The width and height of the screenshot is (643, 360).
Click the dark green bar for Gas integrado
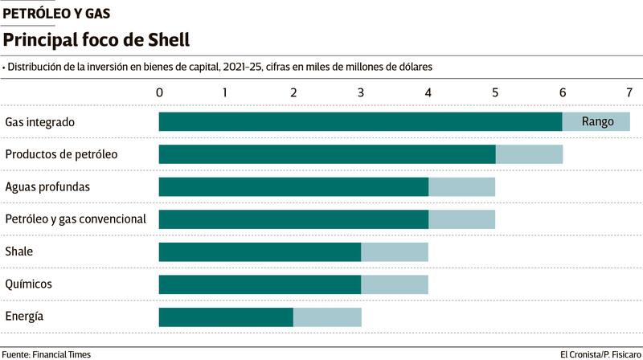click(x=360, y=122)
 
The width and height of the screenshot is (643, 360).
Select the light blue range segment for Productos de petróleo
click(x=529, y=154)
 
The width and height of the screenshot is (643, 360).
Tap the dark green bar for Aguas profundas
click(x=293, y=187)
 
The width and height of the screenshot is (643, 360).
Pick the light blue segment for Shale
click(x=395, y=252)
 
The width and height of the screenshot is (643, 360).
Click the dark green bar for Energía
click(x=226, y=317)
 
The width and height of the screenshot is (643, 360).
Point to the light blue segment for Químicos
click(x=395, y=284)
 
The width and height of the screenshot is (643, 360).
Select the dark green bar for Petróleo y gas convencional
click(x=293, y=219)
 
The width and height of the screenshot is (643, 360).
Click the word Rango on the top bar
click(x=597, y=122)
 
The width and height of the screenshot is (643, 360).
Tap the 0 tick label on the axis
click(x=160, y=92)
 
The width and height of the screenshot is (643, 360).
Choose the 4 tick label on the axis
click(x=428, y=92)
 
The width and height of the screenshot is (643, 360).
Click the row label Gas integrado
click(x=40, y=123)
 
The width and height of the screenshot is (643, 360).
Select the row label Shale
click(x=19, y=252)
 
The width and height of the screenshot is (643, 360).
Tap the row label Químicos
click(x=28, y=284)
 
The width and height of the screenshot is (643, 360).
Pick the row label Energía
click(x=24, y=317)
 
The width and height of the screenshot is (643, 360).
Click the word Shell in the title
click(x=166, y=39)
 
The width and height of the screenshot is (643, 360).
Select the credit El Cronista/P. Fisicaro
click(x=599, y=354)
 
